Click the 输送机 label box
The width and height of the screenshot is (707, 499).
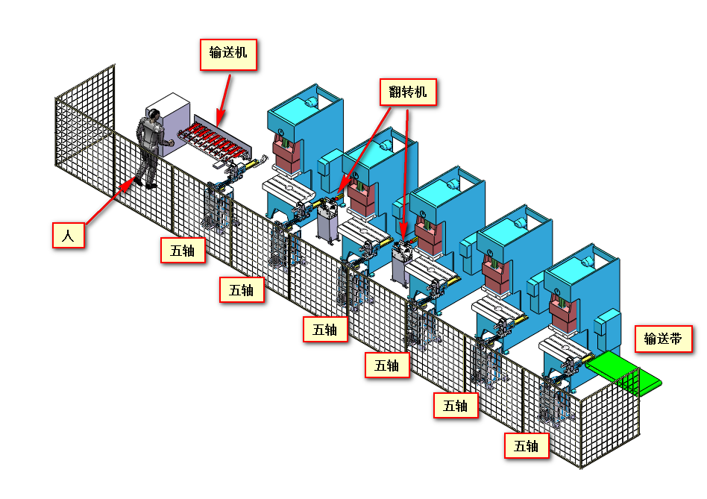tap(229, 54)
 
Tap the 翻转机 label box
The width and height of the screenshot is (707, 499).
tap(408, 92)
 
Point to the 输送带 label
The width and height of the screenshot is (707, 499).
tap(663, 339)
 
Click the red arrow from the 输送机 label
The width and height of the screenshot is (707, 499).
tap(221, 98)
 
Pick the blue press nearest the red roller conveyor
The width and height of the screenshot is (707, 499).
tap(302, 142)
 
